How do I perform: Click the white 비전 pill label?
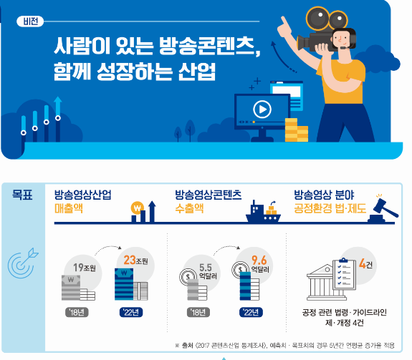(x=30, y=21)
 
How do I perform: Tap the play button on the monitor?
(x=262, y=110)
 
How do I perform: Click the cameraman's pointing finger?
(x=284, y=21)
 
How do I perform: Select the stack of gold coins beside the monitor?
(x=296, y=130)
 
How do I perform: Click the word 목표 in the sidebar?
(x=22, y=195)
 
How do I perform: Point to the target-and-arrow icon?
(x=23, y=263)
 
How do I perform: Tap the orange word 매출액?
(x=69, y=208)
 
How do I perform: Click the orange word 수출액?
(x=189, y=208)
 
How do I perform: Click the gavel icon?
(x=384, y=209)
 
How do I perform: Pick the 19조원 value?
(x=84, y=268)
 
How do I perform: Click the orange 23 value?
(x=130, y=260)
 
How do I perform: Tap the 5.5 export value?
(x=205, y=268)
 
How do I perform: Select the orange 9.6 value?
(x=259, y=261)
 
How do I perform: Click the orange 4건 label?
(x=365, y=263)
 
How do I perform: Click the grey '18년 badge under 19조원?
(x=77, y=312)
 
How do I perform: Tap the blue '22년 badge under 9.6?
(x=251, y=312)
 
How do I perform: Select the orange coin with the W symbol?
(x=137, y=208)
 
